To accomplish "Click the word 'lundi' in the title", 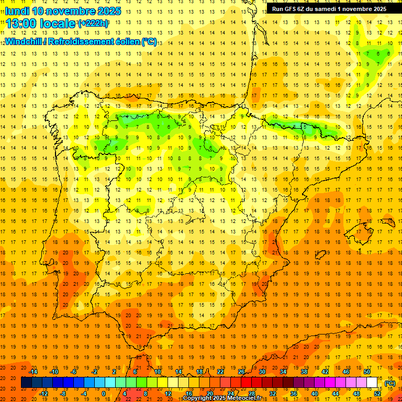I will [17, 11].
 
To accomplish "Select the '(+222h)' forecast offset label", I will [93, 24].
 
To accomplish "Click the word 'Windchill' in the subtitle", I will [22, 41].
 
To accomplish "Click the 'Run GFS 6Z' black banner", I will [329, 9].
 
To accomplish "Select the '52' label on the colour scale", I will [377, 394].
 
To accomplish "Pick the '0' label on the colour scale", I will [103, 394].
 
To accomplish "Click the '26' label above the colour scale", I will [241, 372].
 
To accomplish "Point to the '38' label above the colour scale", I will [304, 372].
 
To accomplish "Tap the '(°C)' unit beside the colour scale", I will [389, 383].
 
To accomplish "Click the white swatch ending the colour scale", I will [372, 383].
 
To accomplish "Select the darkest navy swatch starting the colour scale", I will [26, 383].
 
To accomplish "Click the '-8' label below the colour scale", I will [63, 394].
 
